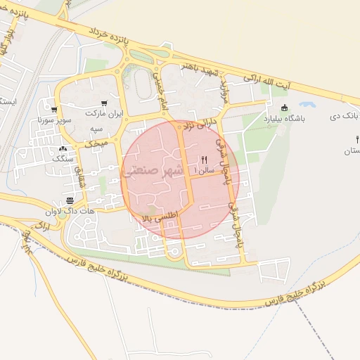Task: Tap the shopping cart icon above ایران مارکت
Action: pos(104,103)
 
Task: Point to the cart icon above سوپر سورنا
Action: pos(54,110)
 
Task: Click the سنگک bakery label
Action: pos(63,159)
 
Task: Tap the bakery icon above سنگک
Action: pos(63,149)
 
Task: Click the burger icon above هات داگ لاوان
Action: pos(70,200)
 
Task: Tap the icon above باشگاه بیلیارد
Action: pos(284,108)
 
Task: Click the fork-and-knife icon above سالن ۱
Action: pos(204,160)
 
